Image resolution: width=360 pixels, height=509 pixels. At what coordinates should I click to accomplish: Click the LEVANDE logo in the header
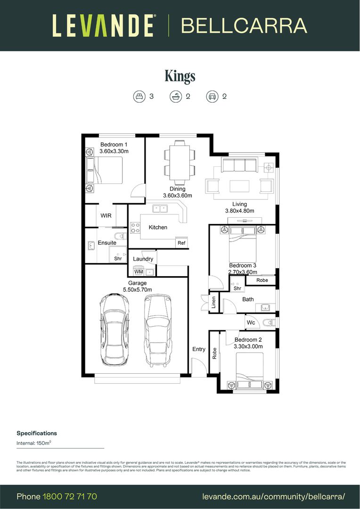point(103,25)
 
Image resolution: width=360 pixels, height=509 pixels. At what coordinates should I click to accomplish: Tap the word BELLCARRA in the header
point(244,25)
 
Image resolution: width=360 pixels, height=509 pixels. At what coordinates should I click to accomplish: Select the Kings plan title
point(180,76)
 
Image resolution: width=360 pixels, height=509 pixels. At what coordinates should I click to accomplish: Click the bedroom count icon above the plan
point(139,97)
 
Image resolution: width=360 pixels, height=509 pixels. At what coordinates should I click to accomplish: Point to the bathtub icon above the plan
point(175,97)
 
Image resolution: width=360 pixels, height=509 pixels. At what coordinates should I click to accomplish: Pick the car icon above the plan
point(212,97)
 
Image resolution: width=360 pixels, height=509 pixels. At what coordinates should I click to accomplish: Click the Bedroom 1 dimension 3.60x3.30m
point(114,151)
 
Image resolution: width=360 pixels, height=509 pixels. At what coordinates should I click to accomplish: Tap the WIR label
point(106,215)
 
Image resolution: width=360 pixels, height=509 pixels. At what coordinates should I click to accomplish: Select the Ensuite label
point(107,243)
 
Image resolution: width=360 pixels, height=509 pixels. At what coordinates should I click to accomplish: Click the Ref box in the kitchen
point(181,243)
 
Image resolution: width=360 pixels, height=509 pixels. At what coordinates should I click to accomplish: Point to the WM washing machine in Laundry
point(139,272)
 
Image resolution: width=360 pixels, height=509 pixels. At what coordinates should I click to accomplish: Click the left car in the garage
point(114,329)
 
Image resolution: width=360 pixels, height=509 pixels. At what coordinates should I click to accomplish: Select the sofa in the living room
point(238,166)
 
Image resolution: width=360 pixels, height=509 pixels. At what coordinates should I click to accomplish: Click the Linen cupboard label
point(213,302)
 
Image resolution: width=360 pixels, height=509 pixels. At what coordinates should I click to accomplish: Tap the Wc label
point(251,323)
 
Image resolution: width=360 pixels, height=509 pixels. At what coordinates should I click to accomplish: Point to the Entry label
point(199,349)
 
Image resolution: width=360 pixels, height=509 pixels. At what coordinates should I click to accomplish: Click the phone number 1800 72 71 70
point(70,496)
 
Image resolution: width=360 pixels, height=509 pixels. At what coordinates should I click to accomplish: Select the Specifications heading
point(37,433)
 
